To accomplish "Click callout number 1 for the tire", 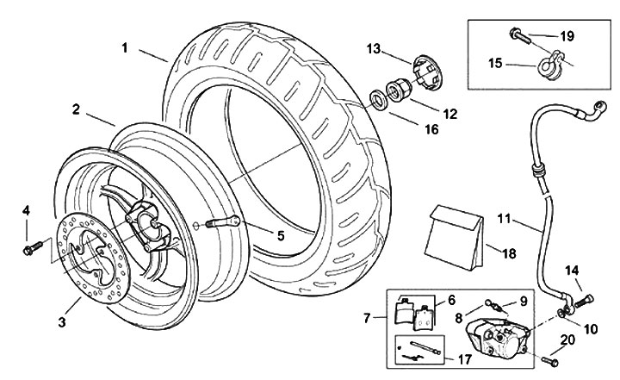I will pos(126,48).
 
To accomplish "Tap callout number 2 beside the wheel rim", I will pos(77,109).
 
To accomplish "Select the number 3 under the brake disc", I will pos(61,322).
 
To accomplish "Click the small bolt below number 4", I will pos(28,249).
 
